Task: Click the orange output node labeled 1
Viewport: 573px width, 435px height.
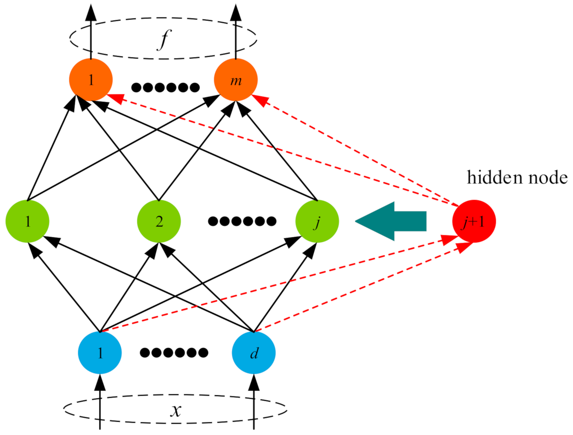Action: click(91, 80)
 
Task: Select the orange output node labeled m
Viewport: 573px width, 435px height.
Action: click(236, 80)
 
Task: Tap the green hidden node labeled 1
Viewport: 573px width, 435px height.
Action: click(27, 221)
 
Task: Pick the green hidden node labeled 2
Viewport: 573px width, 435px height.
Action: click(159, 221)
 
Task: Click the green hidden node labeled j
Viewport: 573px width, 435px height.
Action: click(317, 221)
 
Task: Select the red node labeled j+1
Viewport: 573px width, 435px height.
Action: click(474, 221)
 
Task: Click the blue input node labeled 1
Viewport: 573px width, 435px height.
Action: click(100, 353)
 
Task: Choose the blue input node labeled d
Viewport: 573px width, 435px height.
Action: click(254, 353)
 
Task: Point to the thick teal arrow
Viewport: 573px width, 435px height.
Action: click(391, 221)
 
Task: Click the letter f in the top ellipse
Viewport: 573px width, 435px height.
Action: click(163, 40)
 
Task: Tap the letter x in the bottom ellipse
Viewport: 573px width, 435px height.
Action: click(175, 410)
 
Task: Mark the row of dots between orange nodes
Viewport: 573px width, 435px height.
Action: click(165, 88)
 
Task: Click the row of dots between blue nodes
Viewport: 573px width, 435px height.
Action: click(174, 353)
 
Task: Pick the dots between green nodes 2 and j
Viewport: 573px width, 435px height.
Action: click(242, 221)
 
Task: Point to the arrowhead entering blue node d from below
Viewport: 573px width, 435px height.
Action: click(254, 382)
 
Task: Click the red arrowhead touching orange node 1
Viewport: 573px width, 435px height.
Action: click(114, 98)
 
